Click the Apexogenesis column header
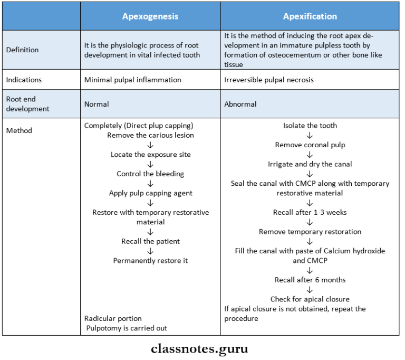click(x=150, y=16)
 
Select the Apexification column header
click(x=310, y=16)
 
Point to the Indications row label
click(x=24, y=80)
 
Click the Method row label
click(x=19, y=130)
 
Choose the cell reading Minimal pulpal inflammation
click(x=132, y=80)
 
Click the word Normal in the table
click(x=97, y=104)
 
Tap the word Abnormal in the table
click(x=240, y=104)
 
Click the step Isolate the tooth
click(x=310, y=126)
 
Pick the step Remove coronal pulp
click(x=310, y=145)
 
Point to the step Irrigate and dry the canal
click(x=310, y=164)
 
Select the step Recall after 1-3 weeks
click(x=310, y=212)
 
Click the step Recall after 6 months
click(x=310, y=280)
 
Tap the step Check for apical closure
click(x=310, y=299)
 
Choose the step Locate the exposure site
click(x=150, y=155)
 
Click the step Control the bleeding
click(x=150, y=174)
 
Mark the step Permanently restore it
click(x=150, y=261)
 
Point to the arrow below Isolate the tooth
click(x=310, y=135)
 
